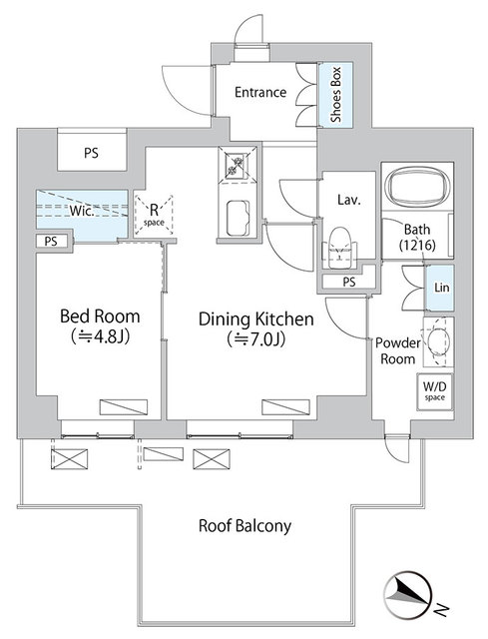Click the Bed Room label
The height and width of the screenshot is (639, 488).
pyautogui.click(x=100, y=317)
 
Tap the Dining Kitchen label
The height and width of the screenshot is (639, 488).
pyautogui.click(x=255, y=319)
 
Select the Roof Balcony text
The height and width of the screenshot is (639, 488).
pyautogui.click(x=244, y=526)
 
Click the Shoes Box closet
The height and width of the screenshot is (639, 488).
pyautogui.click(x=335, y=95)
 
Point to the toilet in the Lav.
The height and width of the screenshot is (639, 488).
pyautogui.click(x=339, y=248)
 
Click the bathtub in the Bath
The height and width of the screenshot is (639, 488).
pyautogui.click(x=417, y=187)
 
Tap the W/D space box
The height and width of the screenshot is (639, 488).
pyautogui.click(x=435, y=391)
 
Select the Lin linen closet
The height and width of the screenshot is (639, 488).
pyautogui.click(x=439, y=288)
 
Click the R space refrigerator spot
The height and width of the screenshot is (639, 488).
pyautogui.click(x=154, y=216)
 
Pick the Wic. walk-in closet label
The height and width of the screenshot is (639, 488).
pyautogui.click(x=82, y=211)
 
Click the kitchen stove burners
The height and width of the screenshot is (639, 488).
pyautogui.click(x=237, y=166)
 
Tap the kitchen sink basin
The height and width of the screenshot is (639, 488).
pyautogui.click(x=238, y=218)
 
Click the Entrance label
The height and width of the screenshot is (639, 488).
pyautogui.click(x=260, y=92)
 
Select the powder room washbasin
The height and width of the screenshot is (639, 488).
pyautogui.click(x=438, y=340)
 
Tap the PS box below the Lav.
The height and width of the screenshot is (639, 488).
pyautogui.click(x=349, y=282)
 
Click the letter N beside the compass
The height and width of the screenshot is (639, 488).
pyautogui.click(x=441, y=609)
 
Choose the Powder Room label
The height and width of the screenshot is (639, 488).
pyautogui.click(x=397, y=350)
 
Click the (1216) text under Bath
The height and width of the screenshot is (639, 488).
pyautogui.click(x=417, y=245)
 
